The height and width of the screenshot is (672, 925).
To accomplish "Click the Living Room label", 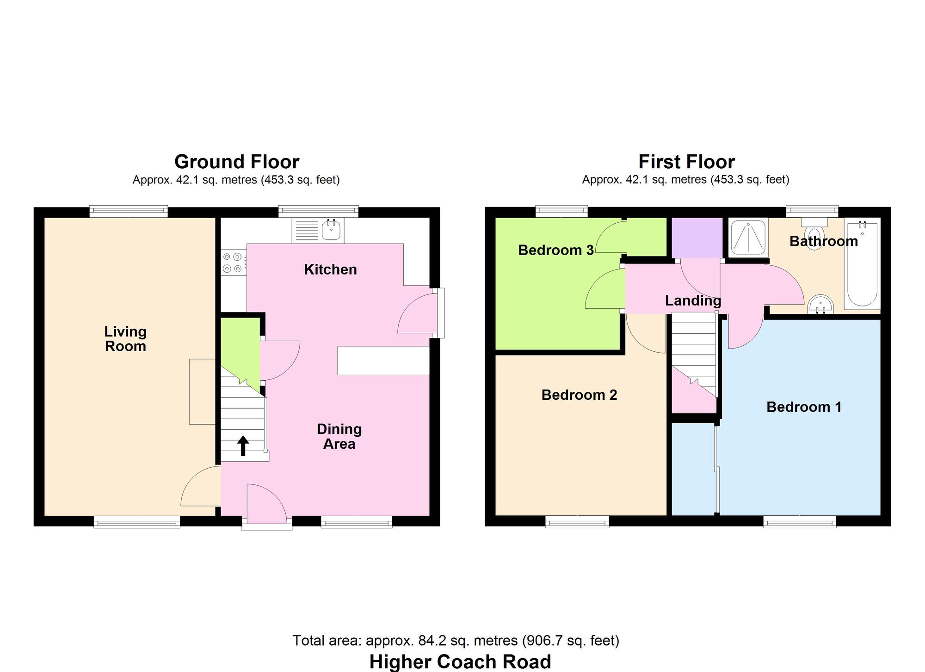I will click(125, 339).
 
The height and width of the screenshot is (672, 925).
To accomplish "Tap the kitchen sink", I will click(331, 230).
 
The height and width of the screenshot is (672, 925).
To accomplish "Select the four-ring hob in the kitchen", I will click(233, 262).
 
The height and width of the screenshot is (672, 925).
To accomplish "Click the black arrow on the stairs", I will click(243, 446).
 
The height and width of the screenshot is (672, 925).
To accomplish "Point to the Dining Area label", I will click(339, 436).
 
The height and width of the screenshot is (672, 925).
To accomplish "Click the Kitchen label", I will click(330, 269).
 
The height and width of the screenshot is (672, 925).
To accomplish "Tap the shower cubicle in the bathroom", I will click(748, 238).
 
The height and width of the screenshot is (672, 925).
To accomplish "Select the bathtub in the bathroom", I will click(862, 263).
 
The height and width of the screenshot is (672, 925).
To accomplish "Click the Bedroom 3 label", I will click(555, 250).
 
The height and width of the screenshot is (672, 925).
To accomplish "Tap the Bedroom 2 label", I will click(579, 395).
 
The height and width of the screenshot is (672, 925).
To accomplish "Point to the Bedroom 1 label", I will click(803, 407).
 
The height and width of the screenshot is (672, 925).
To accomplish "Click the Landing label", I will click(693, 301).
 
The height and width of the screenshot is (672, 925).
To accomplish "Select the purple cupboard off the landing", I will click(697, 237).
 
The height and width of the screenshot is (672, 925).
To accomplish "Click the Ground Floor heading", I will click(236, 162).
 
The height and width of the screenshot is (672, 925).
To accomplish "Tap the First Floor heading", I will click(686, 162).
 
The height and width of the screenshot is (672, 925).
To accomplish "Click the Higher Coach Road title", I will click(460, 661).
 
